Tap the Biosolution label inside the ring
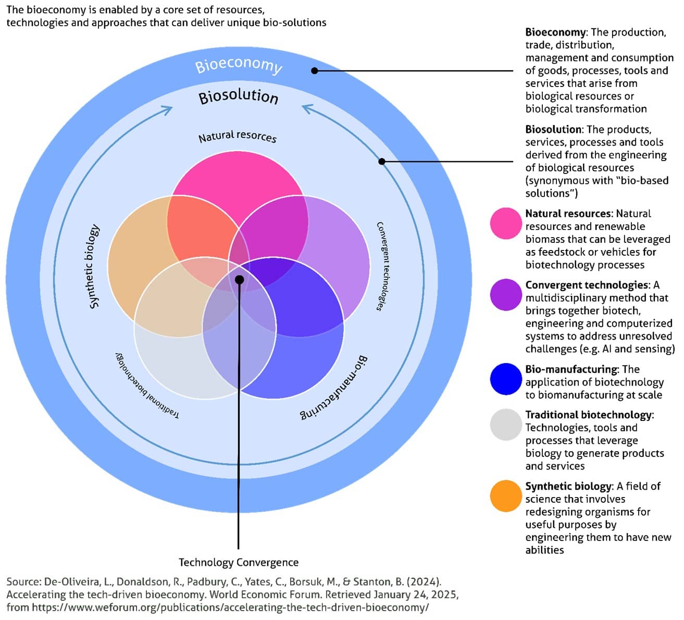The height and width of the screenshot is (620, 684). (239, 96)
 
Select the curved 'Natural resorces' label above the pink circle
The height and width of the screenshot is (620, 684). (238, 137)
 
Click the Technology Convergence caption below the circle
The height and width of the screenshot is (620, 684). (239, 563)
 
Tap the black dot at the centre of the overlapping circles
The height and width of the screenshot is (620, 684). (239, 279)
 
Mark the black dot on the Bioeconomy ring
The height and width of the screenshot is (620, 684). (315, 70)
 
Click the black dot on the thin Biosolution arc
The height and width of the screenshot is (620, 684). (382, 162)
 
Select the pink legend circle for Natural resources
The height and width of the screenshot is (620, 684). (506, 224)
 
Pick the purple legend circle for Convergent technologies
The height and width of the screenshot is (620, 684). (506, 295)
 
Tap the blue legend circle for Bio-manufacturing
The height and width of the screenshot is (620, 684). (506, 379)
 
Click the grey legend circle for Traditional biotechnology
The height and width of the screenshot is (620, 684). (506, 425)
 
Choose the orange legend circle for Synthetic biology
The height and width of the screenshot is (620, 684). (506, 496)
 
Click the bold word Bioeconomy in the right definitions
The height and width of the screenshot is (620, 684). (555, 32)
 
